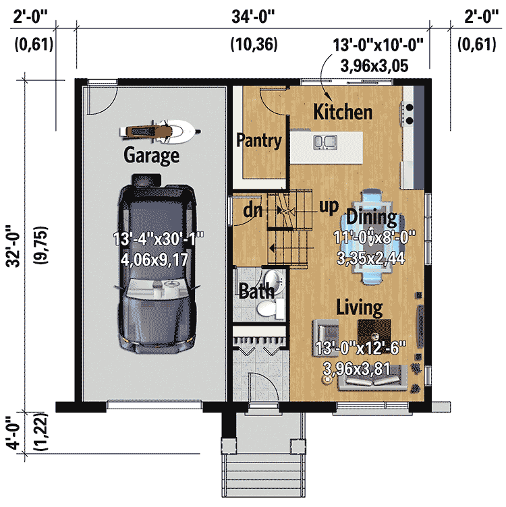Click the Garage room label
click(151, 156)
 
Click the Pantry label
click(258, 141)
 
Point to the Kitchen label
click(343, 112)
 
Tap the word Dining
click(371, 217)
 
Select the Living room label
click(360, 308)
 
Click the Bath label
click(257, 291)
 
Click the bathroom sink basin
click(273, 280)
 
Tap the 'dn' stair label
click(253, 210)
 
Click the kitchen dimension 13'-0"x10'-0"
click(378, 45)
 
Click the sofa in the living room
click(374, 381)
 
